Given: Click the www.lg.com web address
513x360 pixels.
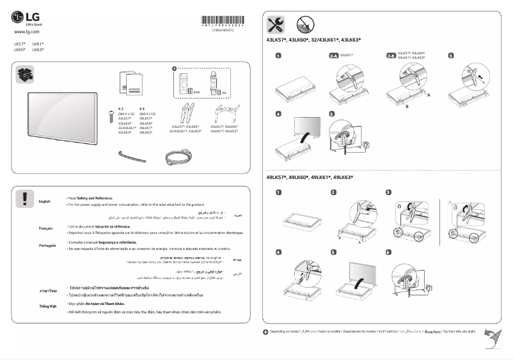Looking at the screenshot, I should pyautogui.click(x=27, y=31).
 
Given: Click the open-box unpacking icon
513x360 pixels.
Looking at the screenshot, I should pyautogui.click(x=24, y=75).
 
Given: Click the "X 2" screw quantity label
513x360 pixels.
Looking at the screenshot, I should pyautogui.click(x=121, y=109).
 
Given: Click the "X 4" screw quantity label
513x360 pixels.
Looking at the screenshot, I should pyautogui.click(x=142, y=109).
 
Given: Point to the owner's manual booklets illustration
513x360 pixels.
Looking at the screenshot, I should pyautogui.click(x=132, y=82).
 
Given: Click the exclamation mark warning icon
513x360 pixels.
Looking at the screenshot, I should pyautogui.click(x=24, y=198).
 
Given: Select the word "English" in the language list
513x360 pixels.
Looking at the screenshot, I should pyautogui.click(x=44, y=201).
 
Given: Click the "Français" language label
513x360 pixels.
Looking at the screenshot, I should pyautogui.click(x=45, y=228).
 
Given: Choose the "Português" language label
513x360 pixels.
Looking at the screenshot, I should pyautogui.click(x=47, y=245).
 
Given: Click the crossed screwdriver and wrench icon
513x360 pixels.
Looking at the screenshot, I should pyautogui.click(x=276, y=25).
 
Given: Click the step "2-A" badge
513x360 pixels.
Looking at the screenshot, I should pyautogui.click(x=333, y=56).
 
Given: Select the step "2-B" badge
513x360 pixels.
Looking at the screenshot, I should pyautogui.click(x=391, y=56).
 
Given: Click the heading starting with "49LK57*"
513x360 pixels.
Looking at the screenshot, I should pyautogui.click(x=310, y=177).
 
